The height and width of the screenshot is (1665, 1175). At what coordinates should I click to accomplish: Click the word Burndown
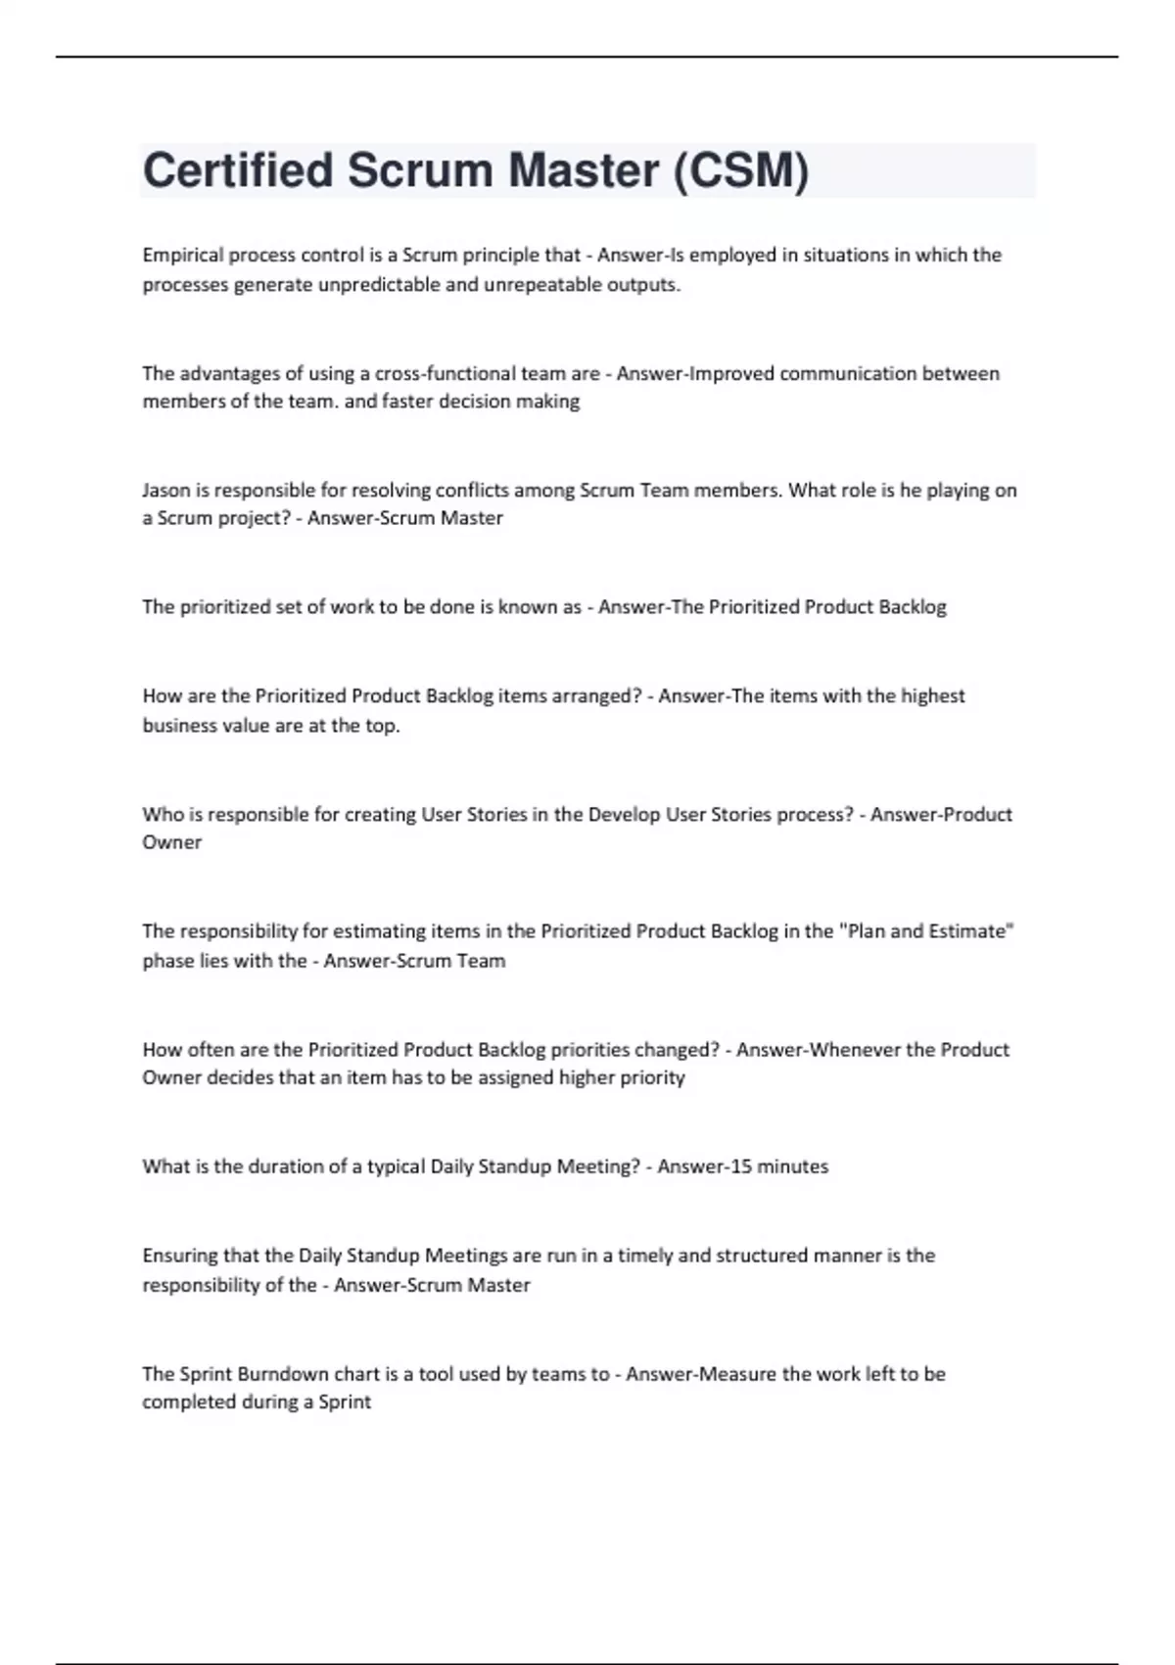(x=282, y=1374)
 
